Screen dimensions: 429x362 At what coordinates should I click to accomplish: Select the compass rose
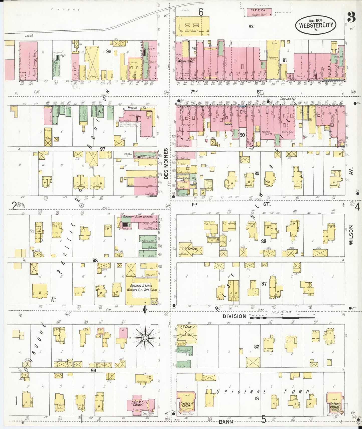145,338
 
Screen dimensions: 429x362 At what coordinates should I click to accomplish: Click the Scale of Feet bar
282,317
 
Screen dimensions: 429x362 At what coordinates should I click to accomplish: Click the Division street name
234,316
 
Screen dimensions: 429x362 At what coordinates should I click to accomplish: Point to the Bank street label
226,422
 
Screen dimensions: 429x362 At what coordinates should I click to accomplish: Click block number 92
251,26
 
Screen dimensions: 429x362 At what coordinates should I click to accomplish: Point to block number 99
94,370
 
